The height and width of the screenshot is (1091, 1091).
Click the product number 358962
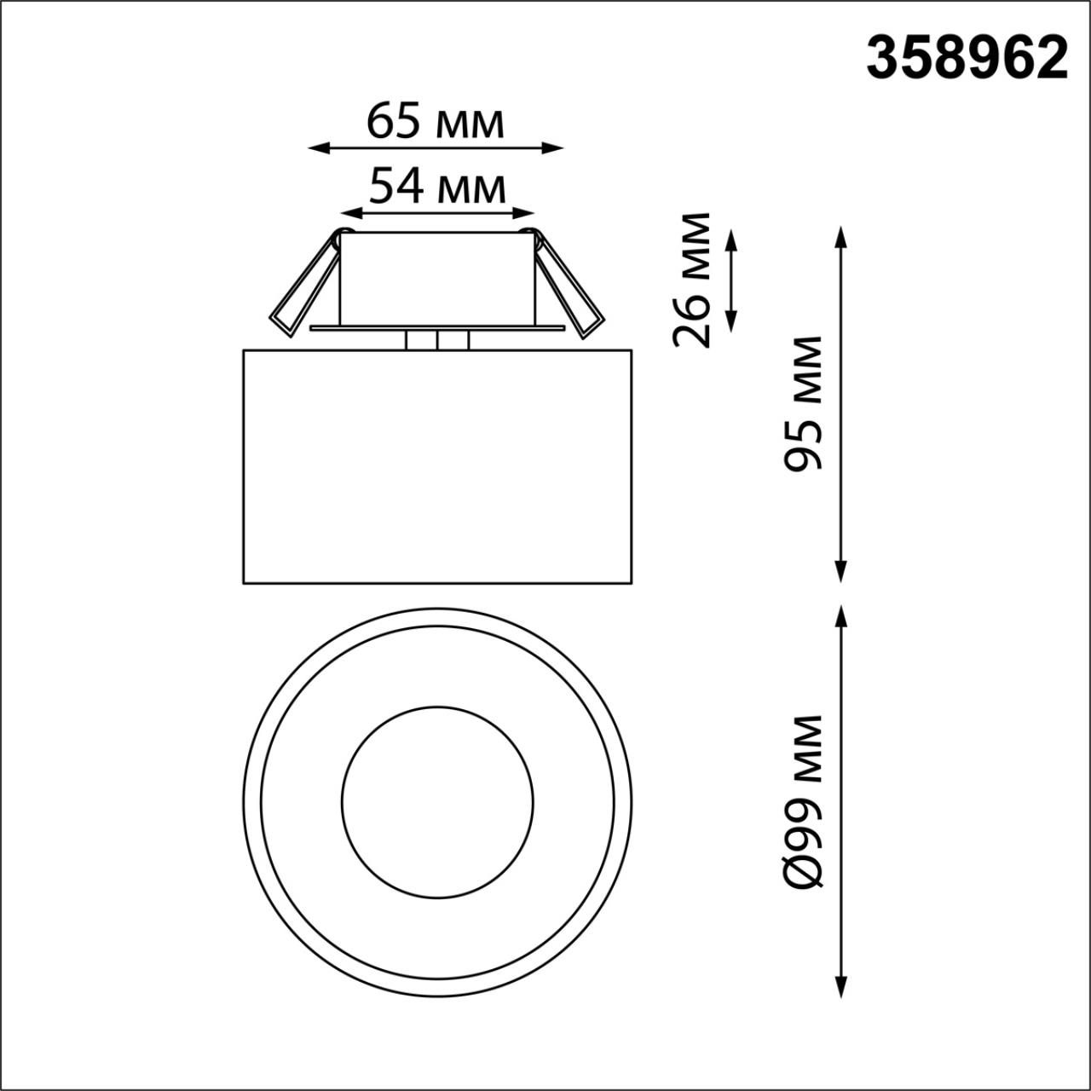point(967,59)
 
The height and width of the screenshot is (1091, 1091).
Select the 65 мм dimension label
point(436,122)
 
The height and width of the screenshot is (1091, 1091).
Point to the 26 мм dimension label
point(691,280)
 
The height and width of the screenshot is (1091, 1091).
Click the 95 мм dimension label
point(803,403)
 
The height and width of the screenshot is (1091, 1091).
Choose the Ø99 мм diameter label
point(803,802)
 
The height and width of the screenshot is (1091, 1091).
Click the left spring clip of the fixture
point(303,286)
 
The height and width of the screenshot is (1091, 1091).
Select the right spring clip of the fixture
point(569,286)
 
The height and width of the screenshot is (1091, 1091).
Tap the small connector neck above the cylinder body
point(436,340)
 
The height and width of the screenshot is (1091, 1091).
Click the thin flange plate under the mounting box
point(437,327)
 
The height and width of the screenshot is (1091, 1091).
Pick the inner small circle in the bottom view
point(437,801)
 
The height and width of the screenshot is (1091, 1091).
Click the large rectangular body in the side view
point(437,466)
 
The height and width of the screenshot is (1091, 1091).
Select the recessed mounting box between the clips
point(437,277)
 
